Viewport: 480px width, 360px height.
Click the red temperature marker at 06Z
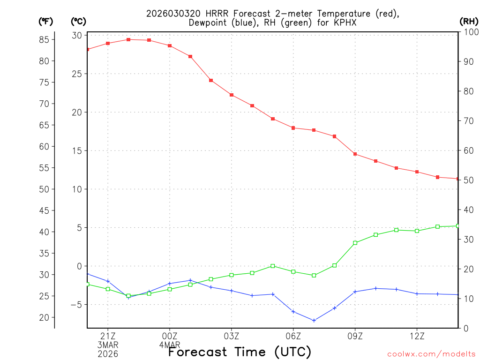point(293,128)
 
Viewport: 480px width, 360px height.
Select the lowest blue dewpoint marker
point(314,321)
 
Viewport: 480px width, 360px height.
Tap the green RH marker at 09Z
point(355,243)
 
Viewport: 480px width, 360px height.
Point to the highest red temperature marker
point(128,39)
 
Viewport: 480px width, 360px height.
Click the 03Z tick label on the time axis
point(232,336)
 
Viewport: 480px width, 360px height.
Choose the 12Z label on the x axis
point(417,336)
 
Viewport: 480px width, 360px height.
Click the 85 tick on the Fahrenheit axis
point(45,39)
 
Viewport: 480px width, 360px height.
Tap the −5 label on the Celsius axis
point(76,305)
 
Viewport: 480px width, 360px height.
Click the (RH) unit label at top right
point(469,21)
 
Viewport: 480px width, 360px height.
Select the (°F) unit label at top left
point(46,21)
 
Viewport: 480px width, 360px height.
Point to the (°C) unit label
point(78,21)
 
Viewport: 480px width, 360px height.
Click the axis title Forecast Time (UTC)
point(240,352)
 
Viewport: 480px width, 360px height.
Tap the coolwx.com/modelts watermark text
point(431,354)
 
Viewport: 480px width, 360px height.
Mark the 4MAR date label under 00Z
point(169,345)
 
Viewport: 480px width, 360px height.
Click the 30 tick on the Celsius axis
point(77,36)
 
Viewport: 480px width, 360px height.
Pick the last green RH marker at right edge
point(458,226)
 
